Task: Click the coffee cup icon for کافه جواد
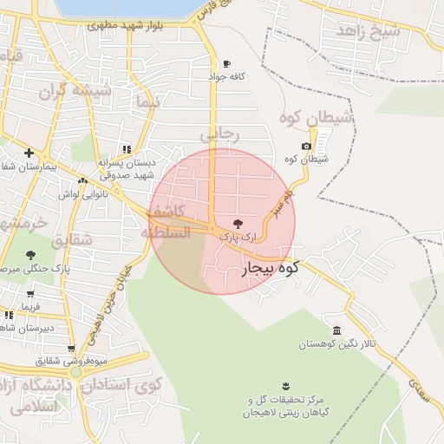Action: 227,63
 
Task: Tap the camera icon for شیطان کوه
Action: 306,147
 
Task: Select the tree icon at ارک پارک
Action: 238,223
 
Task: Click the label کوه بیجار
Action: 268,270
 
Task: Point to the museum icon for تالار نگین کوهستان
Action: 336,331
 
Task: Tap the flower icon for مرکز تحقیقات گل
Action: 286,386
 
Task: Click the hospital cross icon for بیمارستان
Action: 29,153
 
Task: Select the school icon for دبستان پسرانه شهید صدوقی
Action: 127,149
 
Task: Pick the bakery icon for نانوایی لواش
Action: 82,180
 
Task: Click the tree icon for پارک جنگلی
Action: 31,255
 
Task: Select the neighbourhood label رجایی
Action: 219,134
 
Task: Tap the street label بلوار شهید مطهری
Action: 126,25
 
